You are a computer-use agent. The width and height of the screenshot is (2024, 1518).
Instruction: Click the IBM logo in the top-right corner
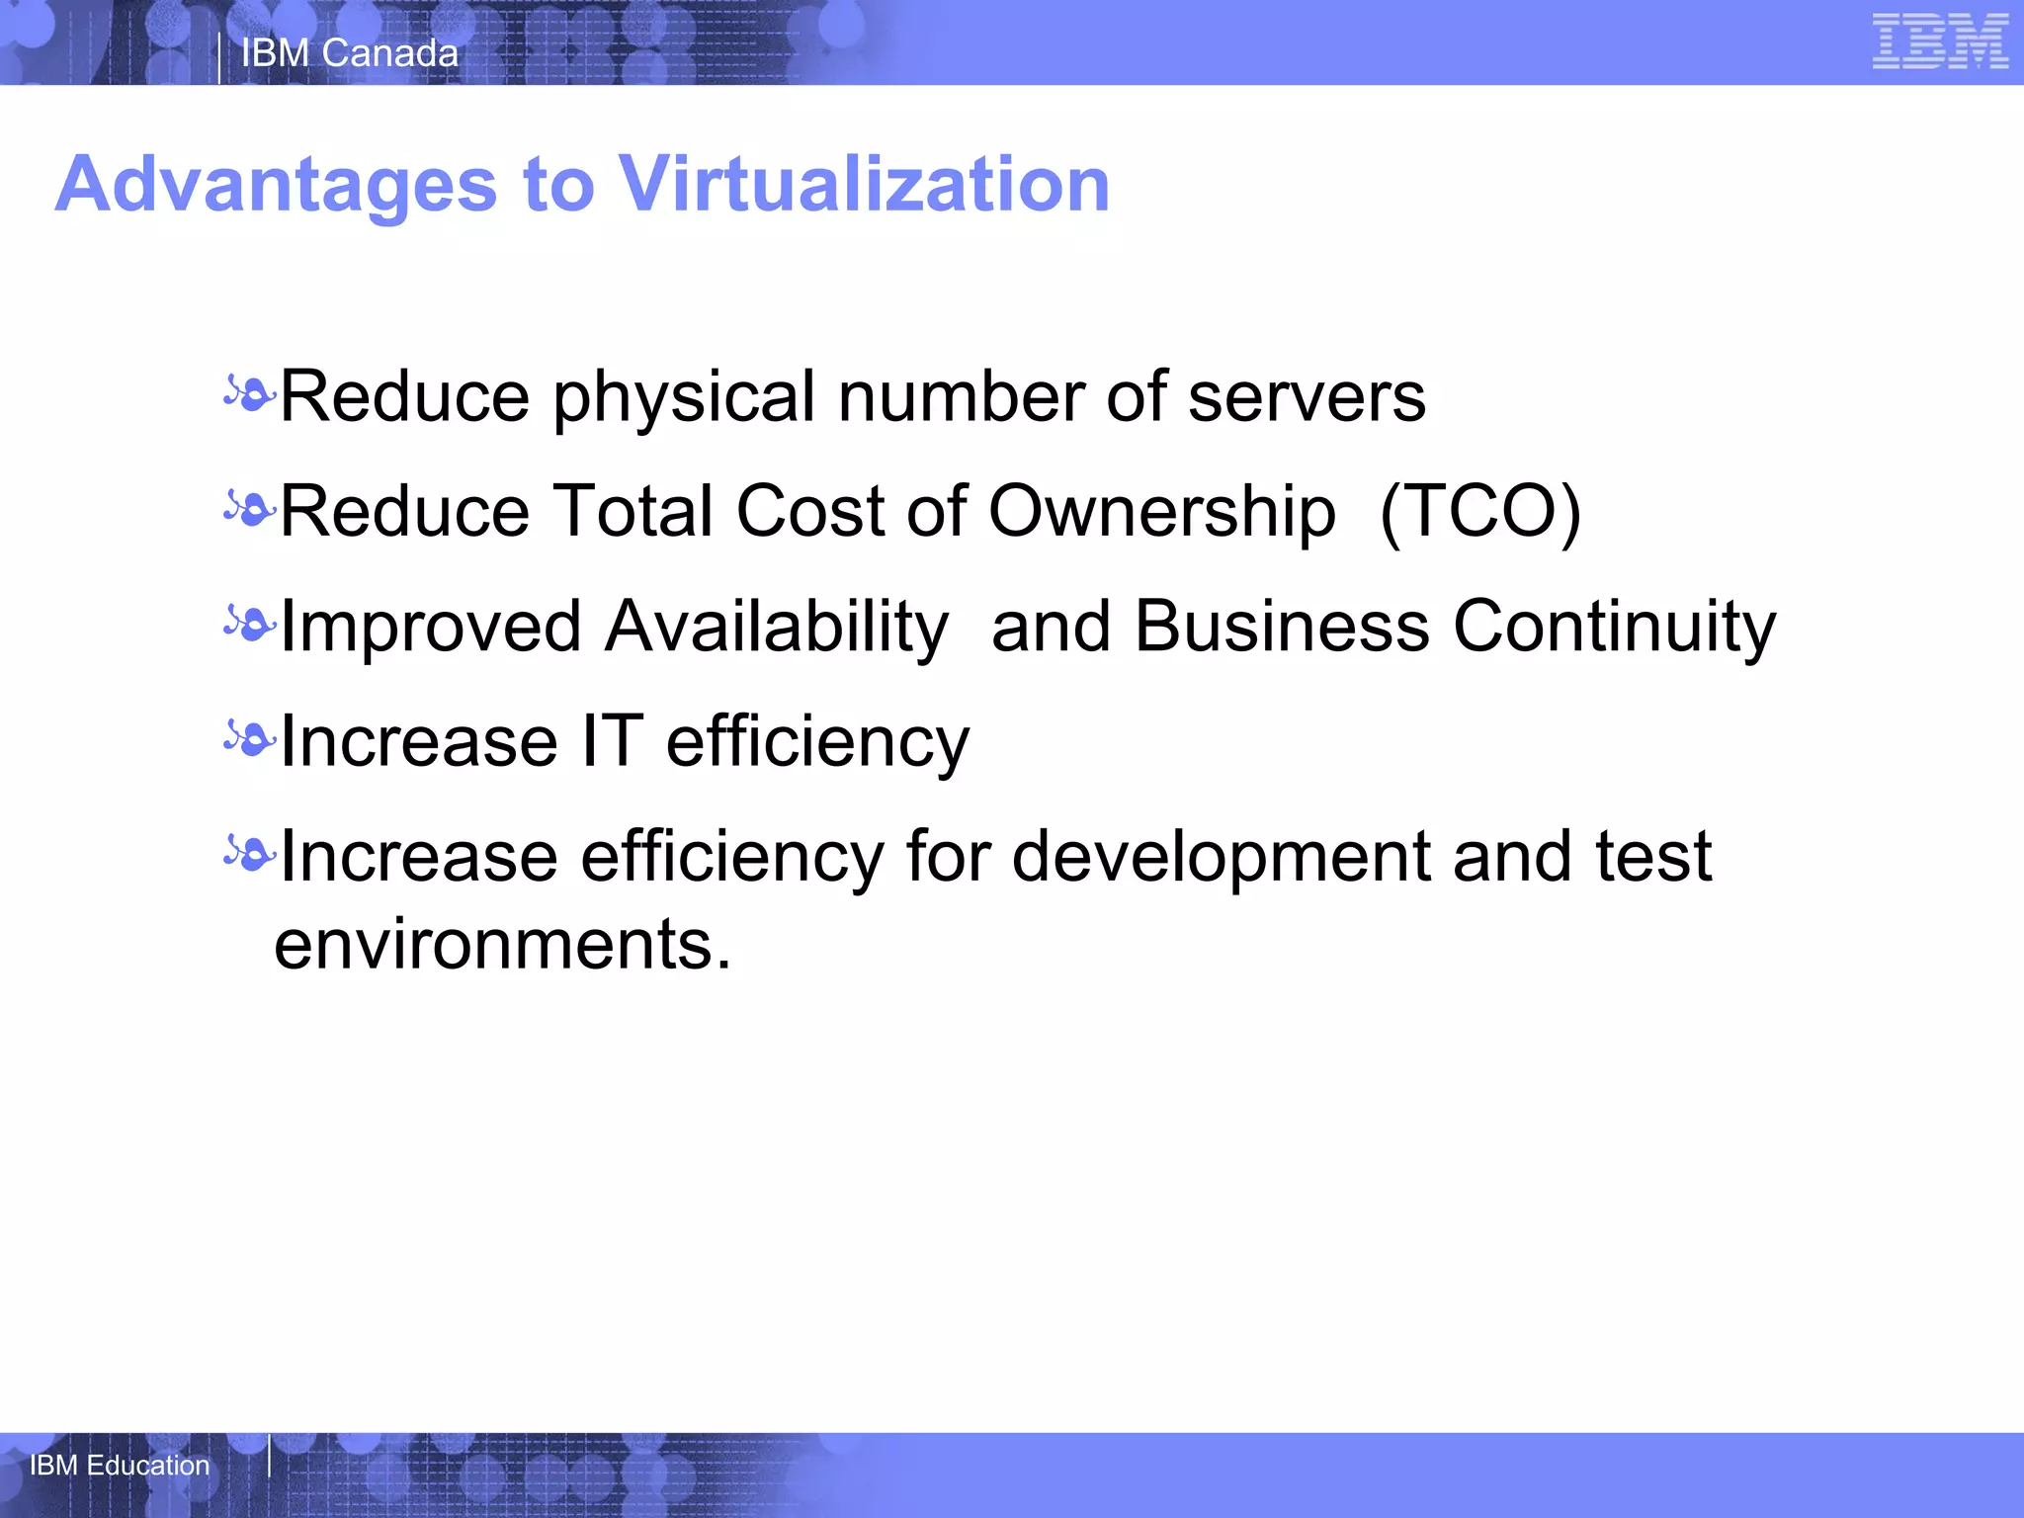[1940, 42]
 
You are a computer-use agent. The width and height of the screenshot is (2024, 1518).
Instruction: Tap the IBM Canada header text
[350, 53]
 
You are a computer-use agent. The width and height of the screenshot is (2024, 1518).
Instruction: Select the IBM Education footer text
[120, 1465]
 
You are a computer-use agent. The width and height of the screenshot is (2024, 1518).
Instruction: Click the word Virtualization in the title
[864, 185]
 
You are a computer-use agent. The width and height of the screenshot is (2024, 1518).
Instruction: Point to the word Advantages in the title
[277, 185]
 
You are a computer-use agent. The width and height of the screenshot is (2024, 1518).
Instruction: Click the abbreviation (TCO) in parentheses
[1480, 512]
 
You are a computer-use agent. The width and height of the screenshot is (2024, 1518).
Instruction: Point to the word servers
[1307, 397]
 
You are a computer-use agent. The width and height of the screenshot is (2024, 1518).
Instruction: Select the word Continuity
[1615, 629]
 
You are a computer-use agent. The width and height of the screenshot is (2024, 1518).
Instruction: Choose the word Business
[1282, 627]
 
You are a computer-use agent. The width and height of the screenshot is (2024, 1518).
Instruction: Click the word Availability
[777, 629]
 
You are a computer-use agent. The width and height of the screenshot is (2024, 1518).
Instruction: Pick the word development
[1222, 858]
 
